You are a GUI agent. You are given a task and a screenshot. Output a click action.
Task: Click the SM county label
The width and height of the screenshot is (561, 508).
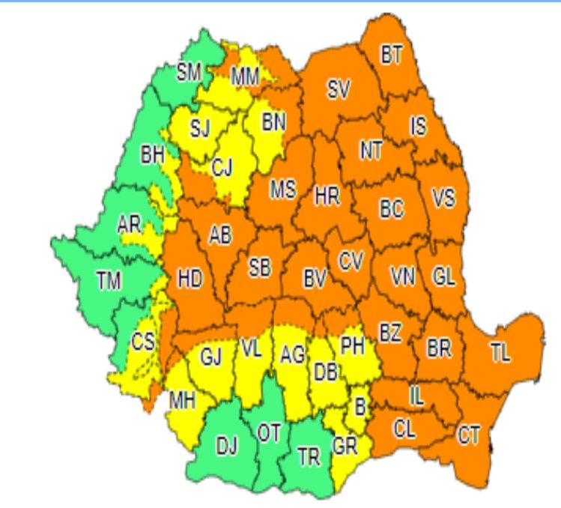(x=189, y=73)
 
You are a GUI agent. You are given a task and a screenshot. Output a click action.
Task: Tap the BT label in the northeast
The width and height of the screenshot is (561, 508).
(x=391, y=55)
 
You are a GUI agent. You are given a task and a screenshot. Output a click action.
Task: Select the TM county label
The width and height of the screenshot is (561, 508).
(x=109, y=281)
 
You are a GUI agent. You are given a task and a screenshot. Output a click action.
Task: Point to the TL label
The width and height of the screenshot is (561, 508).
(x=500, y=354)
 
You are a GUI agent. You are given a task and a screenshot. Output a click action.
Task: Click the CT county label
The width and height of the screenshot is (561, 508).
(x=469, y=435)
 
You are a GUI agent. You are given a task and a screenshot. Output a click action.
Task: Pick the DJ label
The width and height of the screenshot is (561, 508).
(x=227, y=447)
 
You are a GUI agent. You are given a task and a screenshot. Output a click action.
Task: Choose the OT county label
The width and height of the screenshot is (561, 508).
(x=268, y=432)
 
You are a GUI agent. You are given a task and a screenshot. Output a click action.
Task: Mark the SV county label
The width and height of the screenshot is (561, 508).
(x=339, y=90)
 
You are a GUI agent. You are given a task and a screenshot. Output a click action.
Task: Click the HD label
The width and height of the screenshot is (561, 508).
(x=190, y=279)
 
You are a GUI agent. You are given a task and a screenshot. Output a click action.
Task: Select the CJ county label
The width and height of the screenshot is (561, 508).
(x=222, y=168)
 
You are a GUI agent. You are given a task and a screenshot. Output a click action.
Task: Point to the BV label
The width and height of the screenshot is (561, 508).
(x=315, y=279)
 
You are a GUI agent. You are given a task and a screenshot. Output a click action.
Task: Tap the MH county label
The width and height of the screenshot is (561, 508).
(x=182, y=400)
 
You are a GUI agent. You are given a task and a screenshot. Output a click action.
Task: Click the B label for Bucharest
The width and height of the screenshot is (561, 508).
(x=360, y=408)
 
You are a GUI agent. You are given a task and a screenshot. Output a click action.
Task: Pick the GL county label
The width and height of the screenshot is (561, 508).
(x=443, y=276)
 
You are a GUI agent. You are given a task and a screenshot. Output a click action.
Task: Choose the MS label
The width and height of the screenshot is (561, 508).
(x=283, y=190)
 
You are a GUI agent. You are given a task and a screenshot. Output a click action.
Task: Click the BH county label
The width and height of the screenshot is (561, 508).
(x=153, y=156)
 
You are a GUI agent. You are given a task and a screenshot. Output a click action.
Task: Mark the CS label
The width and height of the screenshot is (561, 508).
(x=142, y=342)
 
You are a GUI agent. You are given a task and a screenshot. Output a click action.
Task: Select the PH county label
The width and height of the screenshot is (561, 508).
(x=352, y=346)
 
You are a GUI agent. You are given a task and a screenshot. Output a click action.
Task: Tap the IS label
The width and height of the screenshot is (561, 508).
(x=418, y=126)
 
